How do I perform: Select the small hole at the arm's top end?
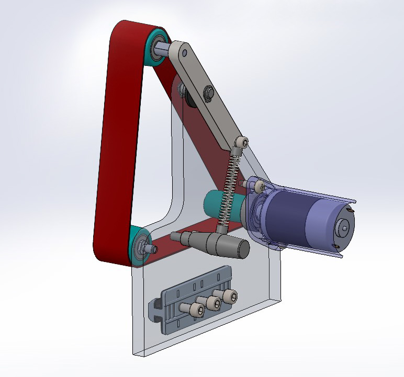184,52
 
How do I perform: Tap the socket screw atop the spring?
241,143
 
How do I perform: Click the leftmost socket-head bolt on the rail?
198,311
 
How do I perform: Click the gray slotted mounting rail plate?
173,314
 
